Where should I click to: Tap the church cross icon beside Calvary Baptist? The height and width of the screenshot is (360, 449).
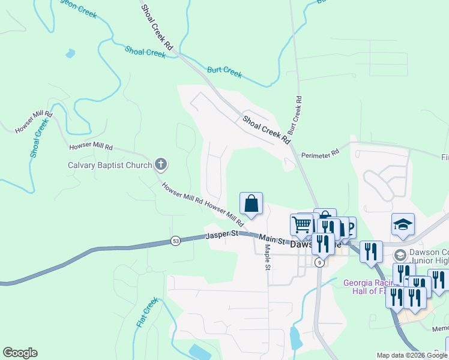point(160,164)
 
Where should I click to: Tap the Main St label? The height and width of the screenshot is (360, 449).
point(271,238)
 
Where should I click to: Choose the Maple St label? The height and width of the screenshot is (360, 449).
point(267,256)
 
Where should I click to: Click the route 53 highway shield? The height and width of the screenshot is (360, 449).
point(175,241)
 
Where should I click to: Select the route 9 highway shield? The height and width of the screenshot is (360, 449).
point(320,262)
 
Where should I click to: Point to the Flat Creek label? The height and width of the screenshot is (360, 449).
point(146,311)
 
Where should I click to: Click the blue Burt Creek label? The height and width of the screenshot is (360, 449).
point(224,72)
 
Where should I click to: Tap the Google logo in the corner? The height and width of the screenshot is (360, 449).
point(20,353)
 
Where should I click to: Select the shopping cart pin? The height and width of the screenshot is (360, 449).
point(301,225)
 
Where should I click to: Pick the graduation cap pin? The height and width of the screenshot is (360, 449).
point(403,224)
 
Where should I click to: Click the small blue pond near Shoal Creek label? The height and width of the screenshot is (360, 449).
point(70,53)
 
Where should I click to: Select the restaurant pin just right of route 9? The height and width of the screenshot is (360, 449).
point(371,251)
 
